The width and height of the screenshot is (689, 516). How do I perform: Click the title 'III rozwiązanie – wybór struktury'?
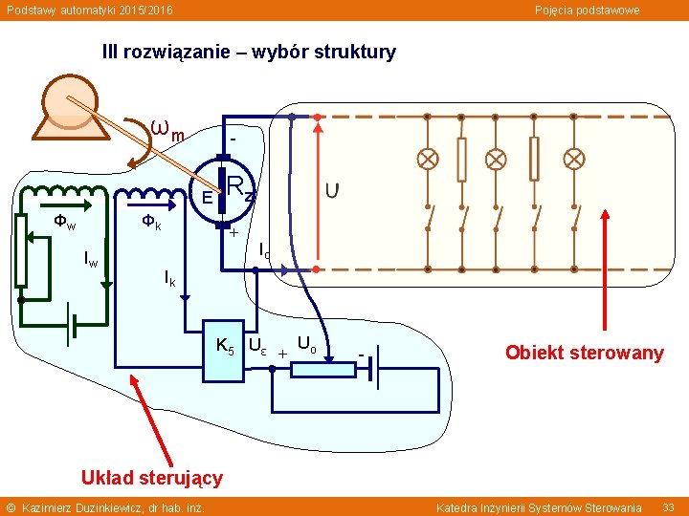(249, 53)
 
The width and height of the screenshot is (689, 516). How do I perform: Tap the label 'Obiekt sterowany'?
(584, 353)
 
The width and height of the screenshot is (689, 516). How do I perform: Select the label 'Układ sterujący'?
(152, 477)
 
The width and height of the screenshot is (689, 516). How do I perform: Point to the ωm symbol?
(168, 129)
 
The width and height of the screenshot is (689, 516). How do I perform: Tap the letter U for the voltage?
(331, 191)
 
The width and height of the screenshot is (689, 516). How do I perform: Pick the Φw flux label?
(65, 222)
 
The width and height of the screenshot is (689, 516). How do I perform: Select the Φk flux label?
(151, 222)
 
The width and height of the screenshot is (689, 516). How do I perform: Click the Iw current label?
(90, 258)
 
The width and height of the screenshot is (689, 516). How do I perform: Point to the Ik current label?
(169, 278)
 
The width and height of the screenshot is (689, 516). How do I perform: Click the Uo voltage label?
(307, 342)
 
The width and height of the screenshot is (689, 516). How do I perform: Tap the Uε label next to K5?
(257, 345)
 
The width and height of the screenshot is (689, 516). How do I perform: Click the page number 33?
(669, 506)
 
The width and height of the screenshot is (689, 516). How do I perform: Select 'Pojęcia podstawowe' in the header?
(587, 10)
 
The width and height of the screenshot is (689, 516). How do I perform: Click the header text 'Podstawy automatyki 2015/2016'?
(90, 10)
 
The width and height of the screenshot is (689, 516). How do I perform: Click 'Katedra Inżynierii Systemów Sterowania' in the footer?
(539, 506)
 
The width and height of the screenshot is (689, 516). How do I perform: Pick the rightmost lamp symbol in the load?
(573, 159)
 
